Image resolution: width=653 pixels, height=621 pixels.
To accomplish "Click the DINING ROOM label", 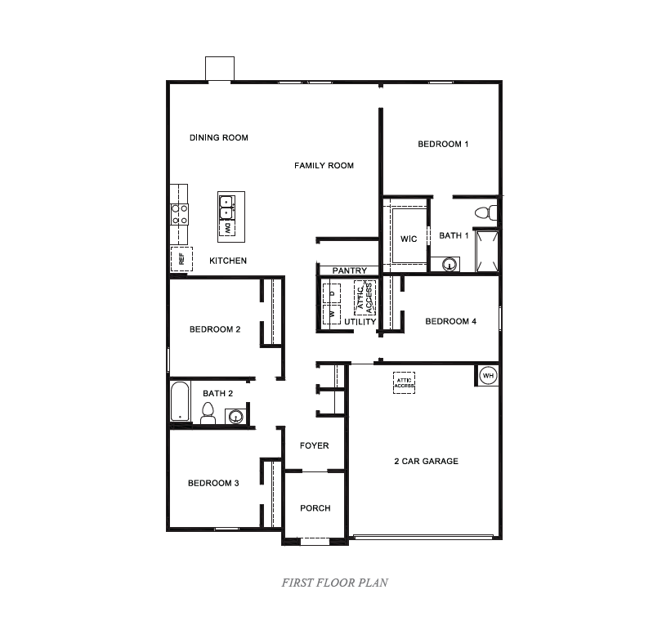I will [218, 137].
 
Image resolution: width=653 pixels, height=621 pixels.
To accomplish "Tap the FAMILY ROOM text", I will [324, 165].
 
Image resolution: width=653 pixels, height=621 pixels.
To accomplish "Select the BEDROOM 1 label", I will [443, 144].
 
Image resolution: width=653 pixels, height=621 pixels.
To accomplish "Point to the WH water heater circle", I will [488, 375].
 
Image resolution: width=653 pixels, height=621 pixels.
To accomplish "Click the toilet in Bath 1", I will [485, 212].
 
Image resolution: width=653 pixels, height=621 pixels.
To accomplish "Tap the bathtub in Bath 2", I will [180, 402].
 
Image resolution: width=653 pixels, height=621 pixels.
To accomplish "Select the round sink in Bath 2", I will [235, 417].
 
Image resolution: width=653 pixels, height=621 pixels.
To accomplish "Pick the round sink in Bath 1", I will [449, 264].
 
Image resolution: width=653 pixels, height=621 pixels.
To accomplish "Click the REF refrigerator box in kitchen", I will [181, 259].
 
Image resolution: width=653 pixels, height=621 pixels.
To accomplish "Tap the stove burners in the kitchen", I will [179, 214].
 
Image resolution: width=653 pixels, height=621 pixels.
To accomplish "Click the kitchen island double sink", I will [227, 206].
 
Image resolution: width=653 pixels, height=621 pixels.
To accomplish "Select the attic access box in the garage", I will [404, 382].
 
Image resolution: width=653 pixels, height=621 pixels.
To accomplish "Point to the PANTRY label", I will [349, 270].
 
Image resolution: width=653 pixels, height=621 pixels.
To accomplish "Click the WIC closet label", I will [409, 239].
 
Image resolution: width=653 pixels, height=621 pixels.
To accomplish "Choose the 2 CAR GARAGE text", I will [426, 461].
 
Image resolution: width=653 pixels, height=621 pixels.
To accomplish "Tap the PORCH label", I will [315, 507].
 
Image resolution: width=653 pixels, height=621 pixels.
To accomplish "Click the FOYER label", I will [314, 445].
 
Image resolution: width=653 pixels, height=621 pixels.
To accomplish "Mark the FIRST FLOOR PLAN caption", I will [334, 583].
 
